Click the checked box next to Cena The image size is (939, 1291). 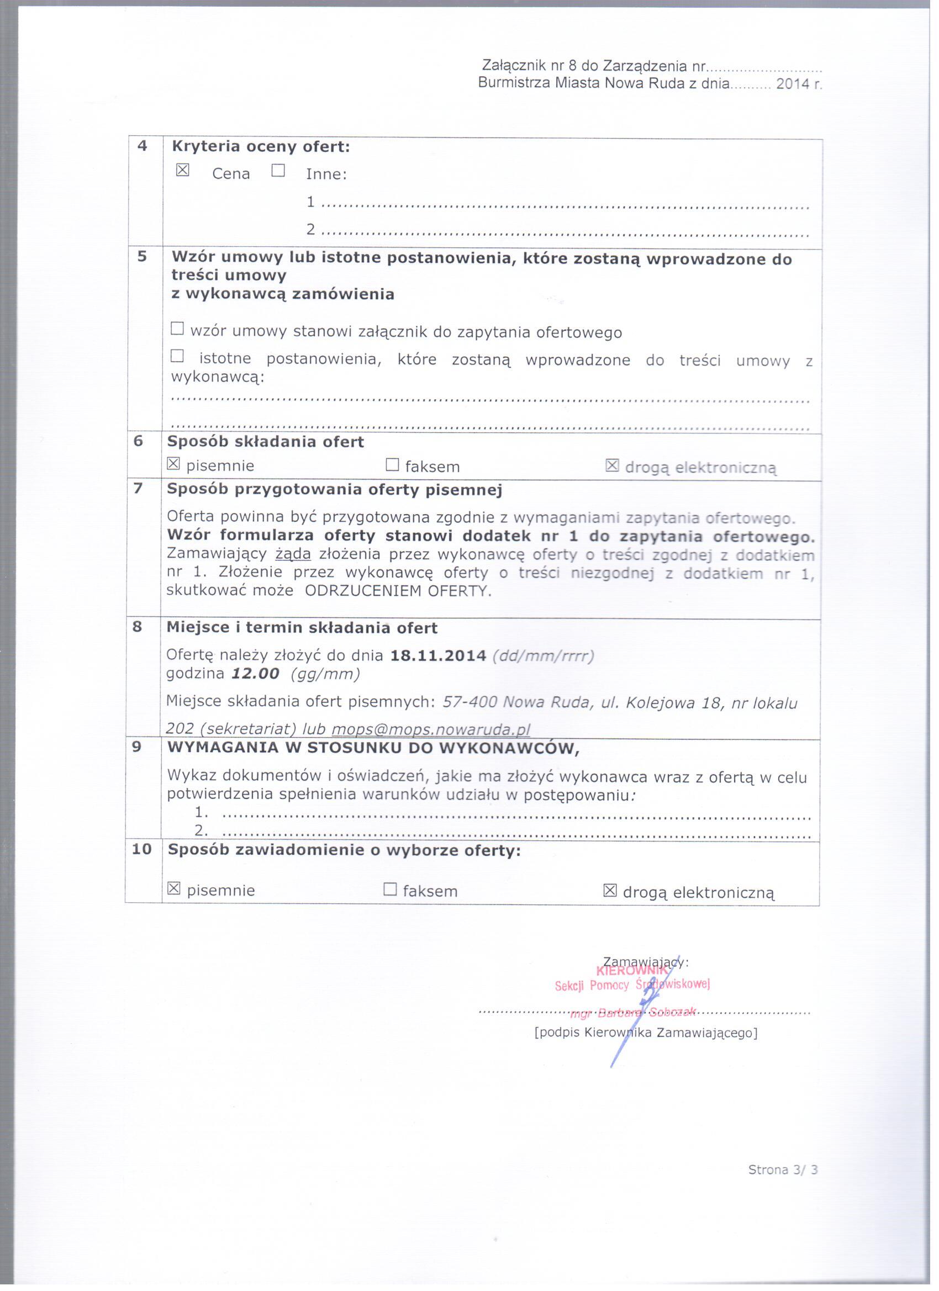182,170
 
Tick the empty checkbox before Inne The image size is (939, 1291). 278,170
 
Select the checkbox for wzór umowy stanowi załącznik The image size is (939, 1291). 178,329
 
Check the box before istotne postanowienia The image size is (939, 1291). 178,357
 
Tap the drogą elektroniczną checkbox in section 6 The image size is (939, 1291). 612,466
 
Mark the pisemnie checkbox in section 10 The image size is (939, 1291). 174,888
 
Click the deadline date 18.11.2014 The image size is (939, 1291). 438,655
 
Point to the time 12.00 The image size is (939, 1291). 256,674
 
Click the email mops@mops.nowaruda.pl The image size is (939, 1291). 430,730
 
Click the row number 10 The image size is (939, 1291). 143,849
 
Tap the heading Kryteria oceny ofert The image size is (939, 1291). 261,147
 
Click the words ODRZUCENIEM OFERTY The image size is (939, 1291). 398,591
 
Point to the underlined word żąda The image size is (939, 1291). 289,554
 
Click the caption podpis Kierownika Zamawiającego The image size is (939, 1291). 646,1032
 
